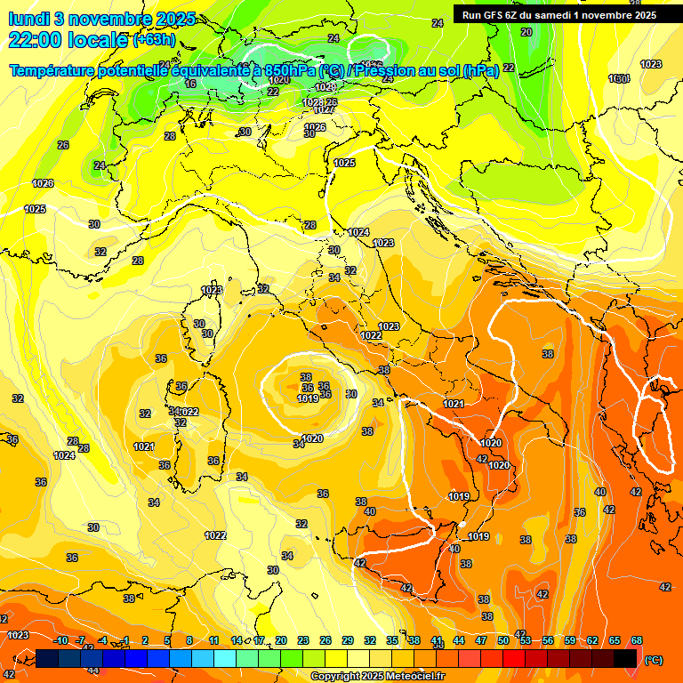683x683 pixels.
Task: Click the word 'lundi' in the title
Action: (31, 19)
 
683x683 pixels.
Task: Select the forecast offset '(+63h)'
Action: (154, 40)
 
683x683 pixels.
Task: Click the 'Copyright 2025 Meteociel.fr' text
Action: (378, 676)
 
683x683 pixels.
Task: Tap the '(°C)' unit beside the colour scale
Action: (652, 660)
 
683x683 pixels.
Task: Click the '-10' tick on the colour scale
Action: (60, 640)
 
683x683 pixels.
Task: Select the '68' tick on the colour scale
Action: (638, 640)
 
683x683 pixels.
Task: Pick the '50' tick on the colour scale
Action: (503, 640)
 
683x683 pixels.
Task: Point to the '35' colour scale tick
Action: (392, 640)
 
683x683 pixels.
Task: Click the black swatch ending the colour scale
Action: (625, 658)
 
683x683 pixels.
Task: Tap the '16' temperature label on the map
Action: (190, 84)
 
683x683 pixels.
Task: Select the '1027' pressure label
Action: (324, 109)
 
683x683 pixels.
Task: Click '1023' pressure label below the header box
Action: (651, 64)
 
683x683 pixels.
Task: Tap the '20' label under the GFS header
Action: (526, 32)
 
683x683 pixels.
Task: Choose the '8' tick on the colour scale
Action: (189, 640)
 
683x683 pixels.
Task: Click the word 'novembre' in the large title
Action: (105, 19)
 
